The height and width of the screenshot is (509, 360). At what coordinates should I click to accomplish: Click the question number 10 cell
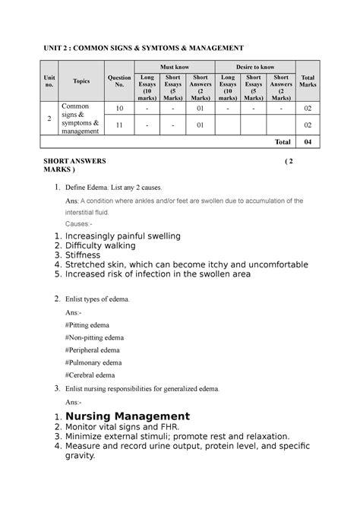[x=119, y=109]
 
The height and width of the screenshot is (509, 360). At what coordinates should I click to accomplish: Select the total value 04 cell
[x=308, y=142]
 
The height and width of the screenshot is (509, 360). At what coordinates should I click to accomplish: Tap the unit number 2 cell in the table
[x=49, y=119]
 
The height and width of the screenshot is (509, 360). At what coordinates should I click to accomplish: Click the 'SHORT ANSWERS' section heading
[x=75, y=162]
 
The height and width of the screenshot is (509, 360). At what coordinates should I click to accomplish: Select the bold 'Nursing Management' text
[x=128, y=416]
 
